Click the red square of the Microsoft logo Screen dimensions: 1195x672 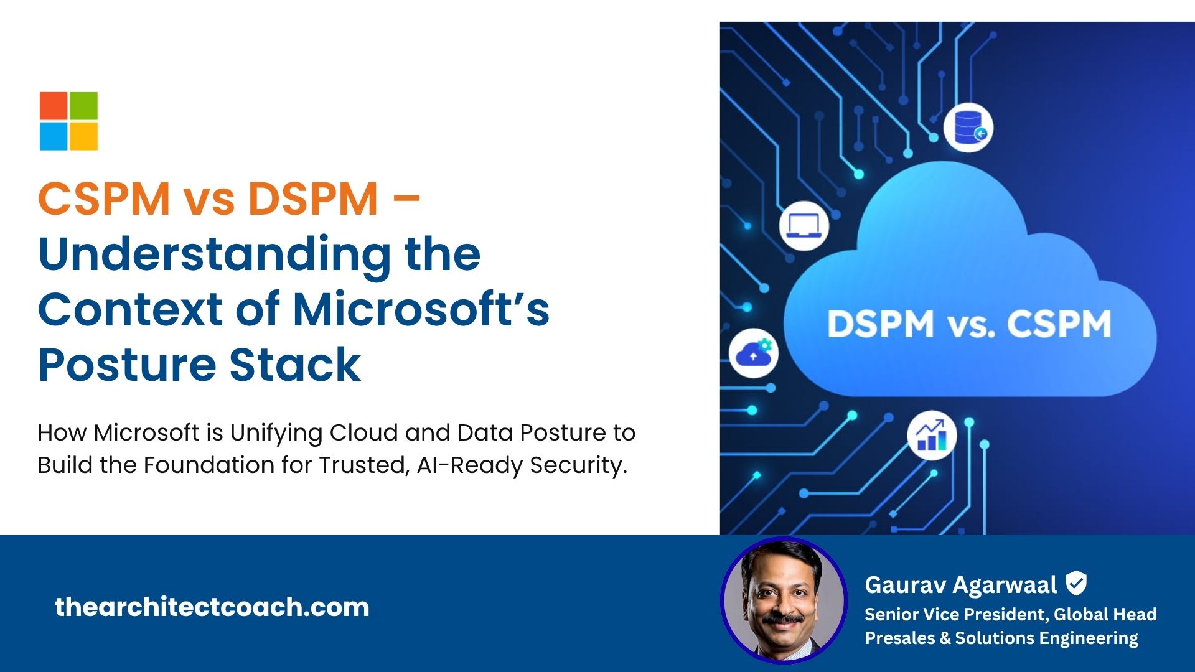[54, 106]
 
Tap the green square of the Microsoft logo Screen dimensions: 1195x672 [84, 106]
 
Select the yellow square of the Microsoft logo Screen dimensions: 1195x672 [84, 136]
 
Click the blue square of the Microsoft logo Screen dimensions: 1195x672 [54, 136]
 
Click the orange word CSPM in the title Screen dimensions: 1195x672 [104, 199]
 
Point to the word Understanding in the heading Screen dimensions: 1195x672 [215, 256]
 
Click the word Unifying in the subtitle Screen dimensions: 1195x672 [276, 434]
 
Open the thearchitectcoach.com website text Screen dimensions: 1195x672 [212, 607]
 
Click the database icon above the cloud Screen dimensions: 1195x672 [968, 127]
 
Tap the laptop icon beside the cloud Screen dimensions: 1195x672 [804, 225]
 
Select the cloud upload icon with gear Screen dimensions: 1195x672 [753, 353]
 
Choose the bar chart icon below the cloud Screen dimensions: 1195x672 [932, 435]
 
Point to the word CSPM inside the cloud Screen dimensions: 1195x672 [1059, 324]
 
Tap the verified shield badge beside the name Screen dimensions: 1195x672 [1076, 584]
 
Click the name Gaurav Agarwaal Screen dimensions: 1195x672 [960, 586]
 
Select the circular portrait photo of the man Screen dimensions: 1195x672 [784, 600]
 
